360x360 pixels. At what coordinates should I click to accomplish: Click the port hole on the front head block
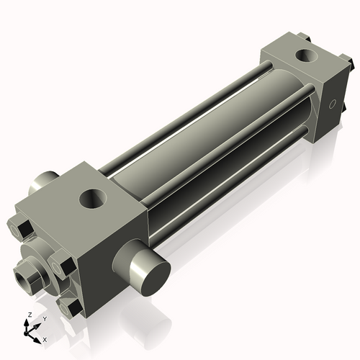coord(93,199)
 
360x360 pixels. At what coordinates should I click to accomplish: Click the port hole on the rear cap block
coord(307,56)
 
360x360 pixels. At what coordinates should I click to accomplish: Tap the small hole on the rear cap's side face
coord(332,104)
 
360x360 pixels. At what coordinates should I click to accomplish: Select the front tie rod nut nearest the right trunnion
coord(63,264)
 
